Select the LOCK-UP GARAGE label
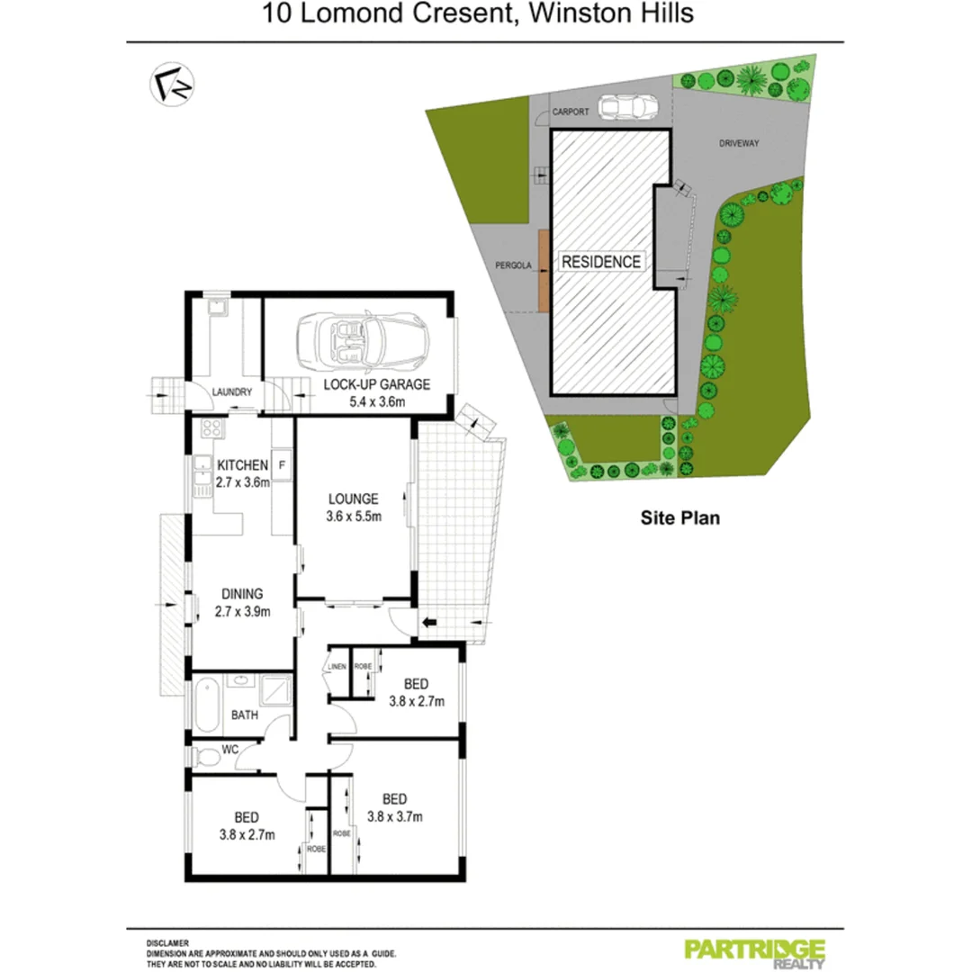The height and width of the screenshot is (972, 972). [377, 384]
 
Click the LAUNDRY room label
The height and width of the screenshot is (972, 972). [232, 391]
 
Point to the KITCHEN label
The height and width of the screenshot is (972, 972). [242, 465]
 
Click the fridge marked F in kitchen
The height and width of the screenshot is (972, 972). [282, 465]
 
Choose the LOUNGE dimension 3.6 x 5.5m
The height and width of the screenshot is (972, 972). [353, 517]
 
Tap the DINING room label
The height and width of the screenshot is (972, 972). [242, 594]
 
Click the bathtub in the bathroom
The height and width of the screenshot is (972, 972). [206, 706]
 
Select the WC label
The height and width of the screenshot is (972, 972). [229, 749]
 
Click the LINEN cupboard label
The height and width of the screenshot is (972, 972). [337, 666]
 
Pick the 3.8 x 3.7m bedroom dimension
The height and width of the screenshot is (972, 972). [394, 817]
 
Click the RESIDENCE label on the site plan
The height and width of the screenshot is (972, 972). [602, 262]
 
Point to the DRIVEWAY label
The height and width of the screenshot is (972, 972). [741, 143]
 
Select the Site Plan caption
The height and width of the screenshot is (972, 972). [679, 517]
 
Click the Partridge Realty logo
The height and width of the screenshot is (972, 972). [755, 952]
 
